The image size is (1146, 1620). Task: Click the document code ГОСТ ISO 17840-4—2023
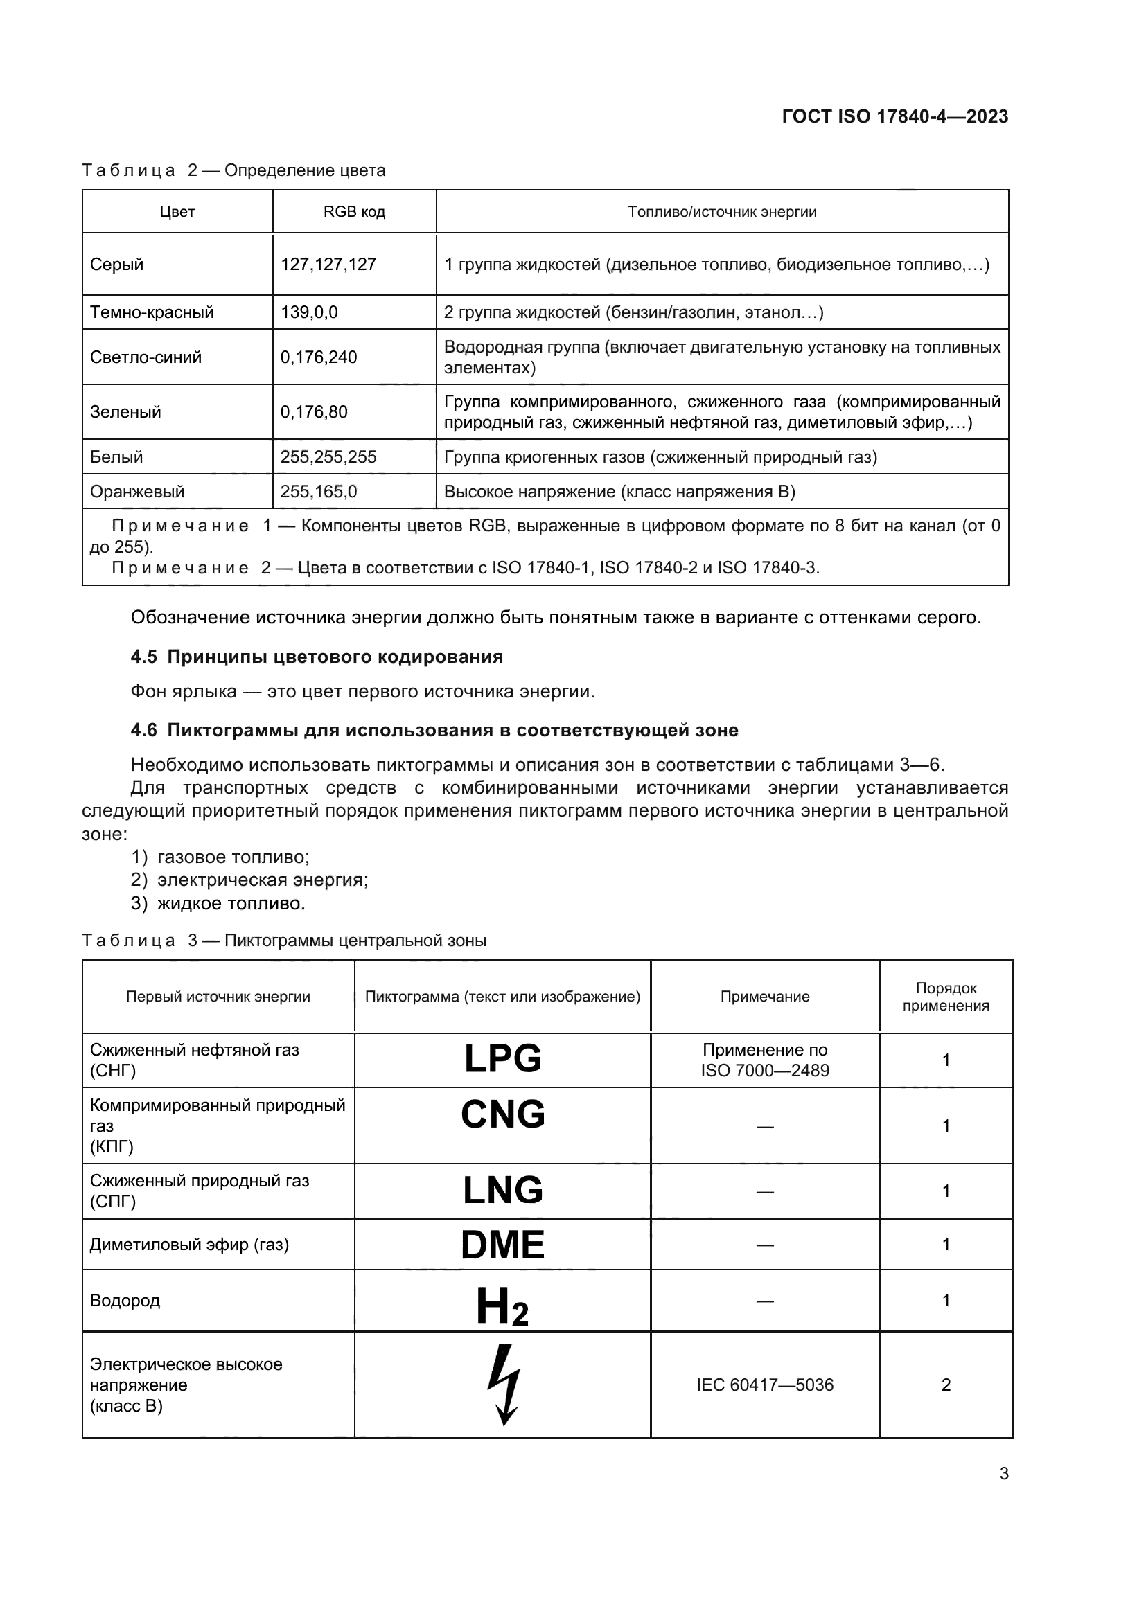click(894, 116)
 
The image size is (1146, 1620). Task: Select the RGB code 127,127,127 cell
click(329, 265)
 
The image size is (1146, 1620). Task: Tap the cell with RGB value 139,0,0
click(309, 312)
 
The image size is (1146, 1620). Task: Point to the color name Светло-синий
click(146, 357)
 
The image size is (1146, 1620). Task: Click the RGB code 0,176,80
click(314, 412)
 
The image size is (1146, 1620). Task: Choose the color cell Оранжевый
click(138, 492)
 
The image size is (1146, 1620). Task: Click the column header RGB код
click(354, 212)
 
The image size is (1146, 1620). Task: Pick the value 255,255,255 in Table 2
click(329, 457)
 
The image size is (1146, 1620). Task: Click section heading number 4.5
click(144, 657)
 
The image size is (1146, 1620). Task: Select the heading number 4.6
click(144, 730)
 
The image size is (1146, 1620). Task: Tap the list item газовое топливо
click(233, 857)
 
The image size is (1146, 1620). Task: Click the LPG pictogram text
click(502, 1059)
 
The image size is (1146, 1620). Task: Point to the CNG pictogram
click(502, 1115)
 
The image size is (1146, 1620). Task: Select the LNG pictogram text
click(502, 1191)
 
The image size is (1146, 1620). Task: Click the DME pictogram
click(502, 1245)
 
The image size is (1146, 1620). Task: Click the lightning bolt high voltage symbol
click(504, 1384)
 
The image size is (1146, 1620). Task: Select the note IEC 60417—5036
click(765, 1385)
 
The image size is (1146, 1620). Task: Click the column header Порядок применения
click(946, 996)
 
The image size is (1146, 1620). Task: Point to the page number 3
click(1003, 1474)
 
